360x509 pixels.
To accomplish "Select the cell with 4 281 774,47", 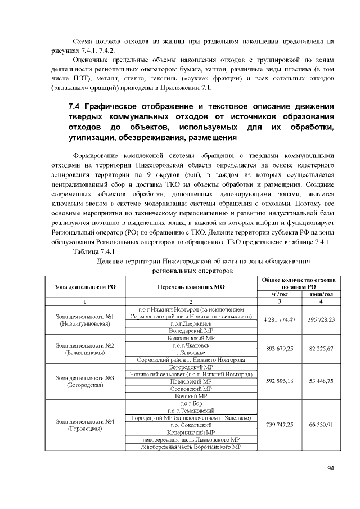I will pyautogui.click(x=279, y=319).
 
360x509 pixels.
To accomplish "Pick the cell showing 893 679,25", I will pyautogui.click(x=279, y=349).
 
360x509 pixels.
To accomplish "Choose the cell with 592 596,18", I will pyautogui.click(x=279, y=381).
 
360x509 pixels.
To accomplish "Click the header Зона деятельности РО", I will pyautogui.click(x=85, y=287).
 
